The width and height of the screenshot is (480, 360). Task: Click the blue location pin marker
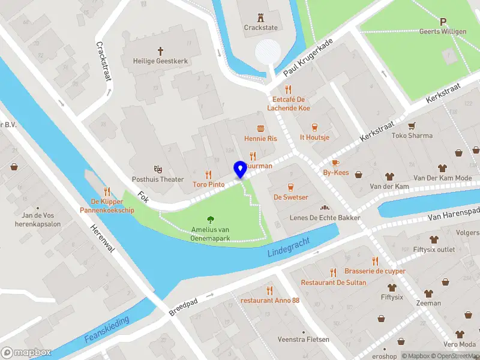pyautogui.click(x=241, y=169)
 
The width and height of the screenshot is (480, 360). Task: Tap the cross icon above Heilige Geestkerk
pyautogui.click(x=160, y=51)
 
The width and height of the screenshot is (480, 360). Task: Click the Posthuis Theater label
pyautogui.click(x=158, y=179)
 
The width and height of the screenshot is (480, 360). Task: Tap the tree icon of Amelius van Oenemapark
pyautogui.click(x=211, y=220)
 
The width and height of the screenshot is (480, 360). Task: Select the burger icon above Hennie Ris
pyautogui.click(x=260, y=128)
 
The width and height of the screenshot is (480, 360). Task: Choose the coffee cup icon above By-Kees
pyautogui.click(x=335, y=163)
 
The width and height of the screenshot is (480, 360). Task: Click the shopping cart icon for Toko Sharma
pyautogui.click(x=412, y=126)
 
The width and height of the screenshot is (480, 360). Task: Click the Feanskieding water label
pyautogui.click(x=107, y=330)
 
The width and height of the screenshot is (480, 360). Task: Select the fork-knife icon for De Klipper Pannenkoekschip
pyautogui.click(x=107, y=191)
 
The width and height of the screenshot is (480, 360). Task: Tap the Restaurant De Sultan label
pyautogui.click(x=333, y=282)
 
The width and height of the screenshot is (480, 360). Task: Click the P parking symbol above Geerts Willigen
pyautogui.click(x=443, y=22)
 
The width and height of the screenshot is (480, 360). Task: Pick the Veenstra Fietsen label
pyautogui.click(x=303, y=340)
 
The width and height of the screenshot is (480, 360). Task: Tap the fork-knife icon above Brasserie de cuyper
pyautogui.click(x=375, y=261)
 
